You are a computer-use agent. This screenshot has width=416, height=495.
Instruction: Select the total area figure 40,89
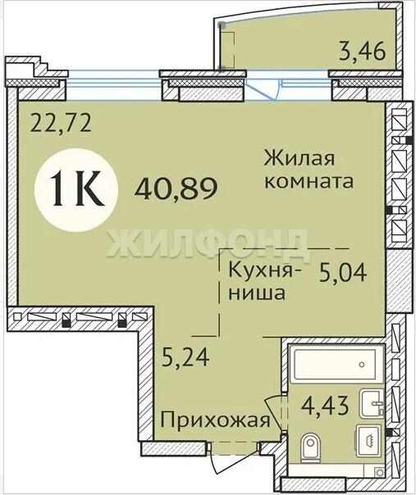coord(176,188)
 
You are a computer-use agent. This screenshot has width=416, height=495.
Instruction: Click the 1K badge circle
coord(76,190)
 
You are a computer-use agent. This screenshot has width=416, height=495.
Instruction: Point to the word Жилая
coord(299,157)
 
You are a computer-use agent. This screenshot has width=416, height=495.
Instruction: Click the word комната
coord(309,182)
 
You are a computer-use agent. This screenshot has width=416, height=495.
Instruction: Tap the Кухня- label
coord(265,270)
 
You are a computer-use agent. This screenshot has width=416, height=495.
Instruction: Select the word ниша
coord(257,293)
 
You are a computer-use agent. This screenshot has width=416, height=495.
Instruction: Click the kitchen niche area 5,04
coord(343,273)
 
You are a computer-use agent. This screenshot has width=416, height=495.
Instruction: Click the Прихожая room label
coord(215,420)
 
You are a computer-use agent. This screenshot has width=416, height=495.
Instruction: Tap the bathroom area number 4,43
coord(325,406)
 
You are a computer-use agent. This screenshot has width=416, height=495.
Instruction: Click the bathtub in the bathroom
coord(336,364)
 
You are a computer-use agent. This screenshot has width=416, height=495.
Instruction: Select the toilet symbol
coord(310,447)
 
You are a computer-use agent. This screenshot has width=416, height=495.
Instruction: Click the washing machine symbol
coord(369,440)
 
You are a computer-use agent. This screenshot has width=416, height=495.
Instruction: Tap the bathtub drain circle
coord(362,365)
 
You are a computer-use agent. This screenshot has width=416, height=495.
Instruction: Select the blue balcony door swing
coord(263,91)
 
